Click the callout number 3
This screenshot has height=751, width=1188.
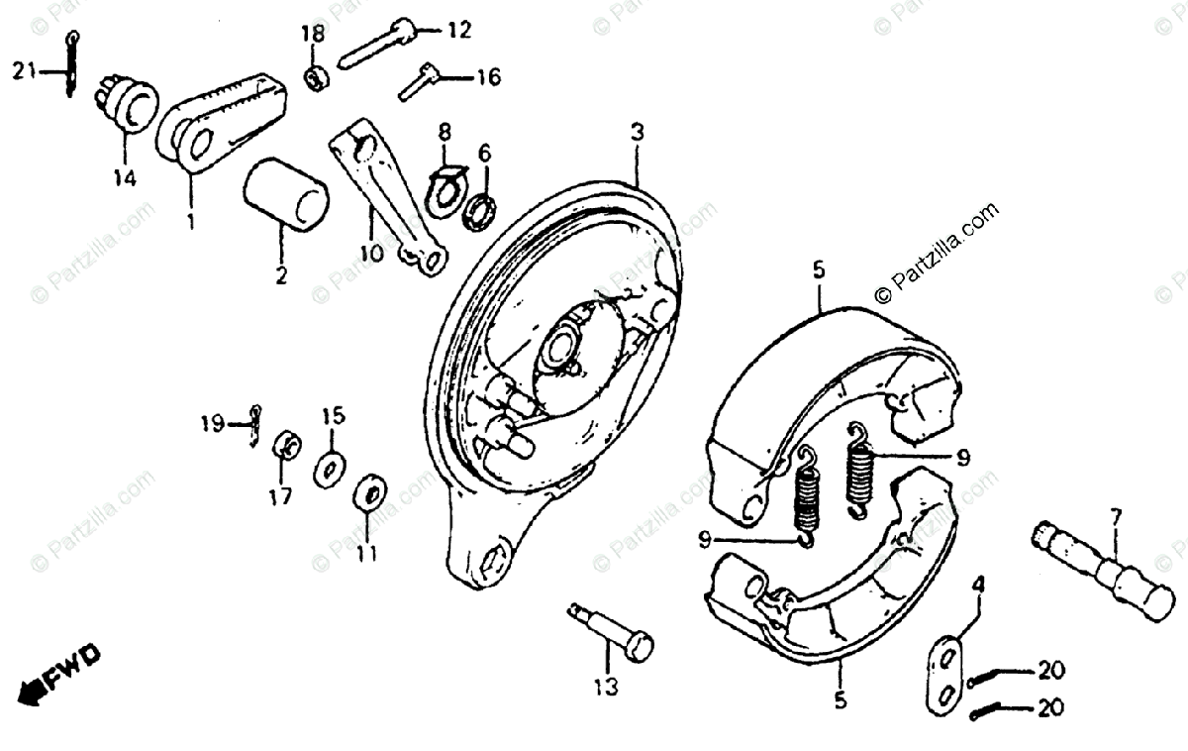tap(637, 132)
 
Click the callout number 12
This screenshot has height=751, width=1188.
tap(458, 31)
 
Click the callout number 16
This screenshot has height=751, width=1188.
tap(487, 76)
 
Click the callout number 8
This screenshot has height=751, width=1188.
tap(445, 131)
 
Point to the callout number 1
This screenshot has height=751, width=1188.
tap(190, 222)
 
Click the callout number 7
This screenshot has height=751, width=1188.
tap(1116, 516)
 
